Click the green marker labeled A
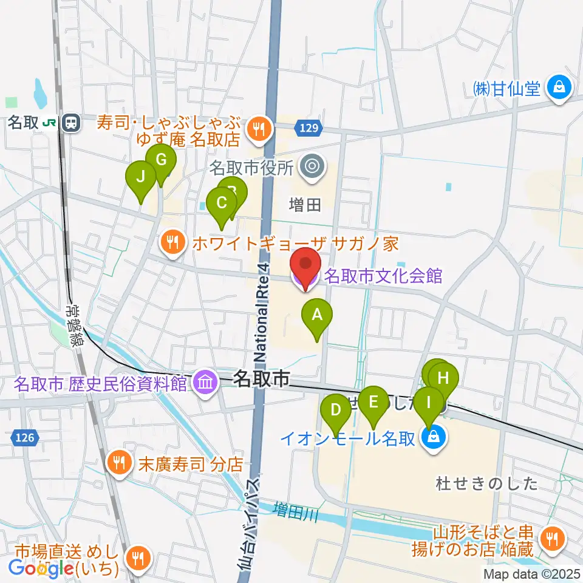316,315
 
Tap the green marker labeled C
222,203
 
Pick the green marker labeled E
373,401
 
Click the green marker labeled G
161,161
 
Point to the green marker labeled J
140,177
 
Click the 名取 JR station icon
72,123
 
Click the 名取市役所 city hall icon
313,165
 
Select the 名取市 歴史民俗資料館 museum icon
206,383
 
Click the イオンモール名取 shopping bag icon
434,437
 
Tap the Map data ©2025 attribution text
532,574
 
